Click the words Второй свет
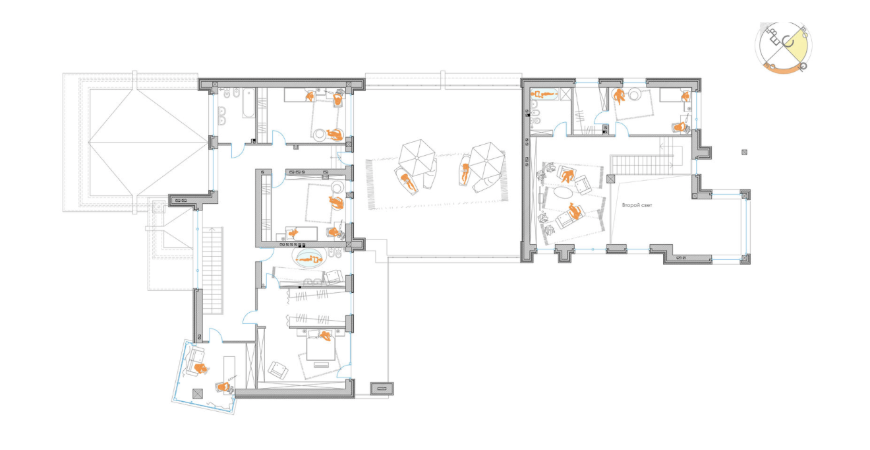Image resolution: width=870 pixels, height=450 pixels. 637,205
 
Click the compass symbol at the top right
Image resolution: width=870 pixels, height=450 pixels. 784,48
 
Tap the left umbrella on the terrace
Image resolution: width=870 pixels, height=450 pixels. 417,158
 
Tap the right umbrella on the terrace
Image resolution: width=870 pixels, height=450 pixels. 488,160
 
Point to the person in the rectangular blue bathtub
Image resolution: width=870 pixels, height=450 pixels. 545,94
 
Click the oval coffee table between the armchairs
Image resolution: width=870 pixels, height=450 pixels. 562,192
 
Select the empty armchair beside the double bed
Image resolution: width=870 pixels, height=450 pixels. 277,370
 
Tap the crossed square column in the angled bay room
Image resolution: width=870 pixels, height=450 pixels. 198,394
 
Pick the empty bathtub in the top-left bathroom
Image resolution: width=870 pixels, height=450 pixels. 248,103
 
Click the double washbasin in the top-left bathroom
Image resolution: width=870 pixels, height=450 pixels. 223,115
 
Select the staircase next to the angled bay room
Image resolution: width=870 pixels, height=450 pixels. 212,271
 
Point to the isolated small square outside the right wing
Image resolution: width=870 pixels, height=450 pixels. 744,152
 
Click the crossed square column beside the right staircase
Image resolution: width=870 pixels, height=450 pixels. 611,179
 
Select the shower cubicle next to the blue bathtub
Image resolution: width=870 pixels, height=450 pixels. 565,94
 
